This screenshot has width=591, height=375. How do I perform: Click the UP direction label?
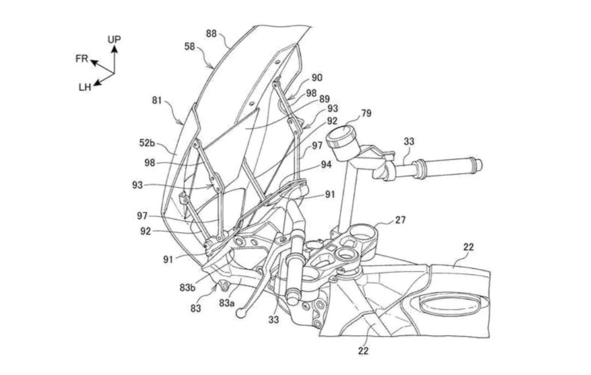point(114,39)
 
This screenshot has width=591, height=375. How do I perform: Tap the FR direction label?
point(82,59)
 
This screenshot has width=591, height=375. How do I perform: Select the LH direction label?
point(85,87)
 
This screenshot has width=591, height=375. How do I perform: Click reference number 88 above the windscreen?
point(212,33)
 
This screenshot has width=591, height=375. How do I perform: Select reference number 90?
point(317,78)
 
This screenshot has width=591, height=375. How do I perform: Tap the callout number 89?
point(324,99)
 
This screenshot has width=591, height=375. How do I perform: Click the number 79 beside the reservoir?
point(366,113)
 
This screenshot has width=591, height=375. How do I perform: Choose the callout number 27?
point(400,220)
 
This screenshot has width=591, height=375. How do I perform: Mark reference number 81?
point(157,100)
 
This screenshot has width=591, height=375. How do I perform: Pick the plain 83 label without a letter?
point(196,308)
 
